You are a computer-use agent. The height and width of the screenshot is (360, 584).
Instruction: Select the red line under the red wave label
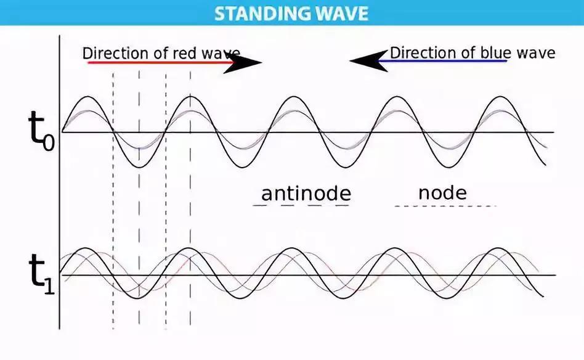[161, 63]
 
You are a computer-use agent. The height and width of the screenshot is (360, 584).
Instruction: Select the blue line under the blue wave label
[442, 61]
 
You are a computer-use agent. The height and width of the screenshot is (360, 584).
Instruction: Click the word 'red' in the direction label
[184, 53]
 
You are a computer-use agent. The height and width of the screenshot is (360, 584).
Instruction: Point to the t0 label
[41, 131]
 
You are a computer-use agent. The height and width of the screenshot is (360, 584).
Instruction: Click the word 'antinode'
[306, 194]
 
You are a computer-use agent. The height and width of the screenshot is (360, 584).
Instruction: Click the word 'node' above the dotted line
[442, 193]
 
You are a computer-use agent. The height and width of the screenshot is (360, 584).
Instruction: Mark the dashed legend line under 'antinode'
[301, 205]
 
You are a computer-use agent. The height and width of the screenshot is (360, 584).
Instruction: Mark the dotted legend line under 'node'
[445, 205]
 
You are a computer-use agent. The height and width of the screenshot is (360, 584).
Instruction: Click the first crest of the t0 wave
[88, 97]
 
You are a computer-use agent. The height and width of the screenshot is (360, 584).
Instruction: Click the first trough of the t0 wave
[139, 167]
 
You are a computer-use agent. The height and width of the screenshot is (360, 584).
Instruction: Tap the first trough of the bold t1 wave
[138, 298]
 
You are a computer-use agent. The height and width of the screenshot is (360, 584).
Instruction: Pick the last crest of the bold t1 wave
[498, 248]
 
